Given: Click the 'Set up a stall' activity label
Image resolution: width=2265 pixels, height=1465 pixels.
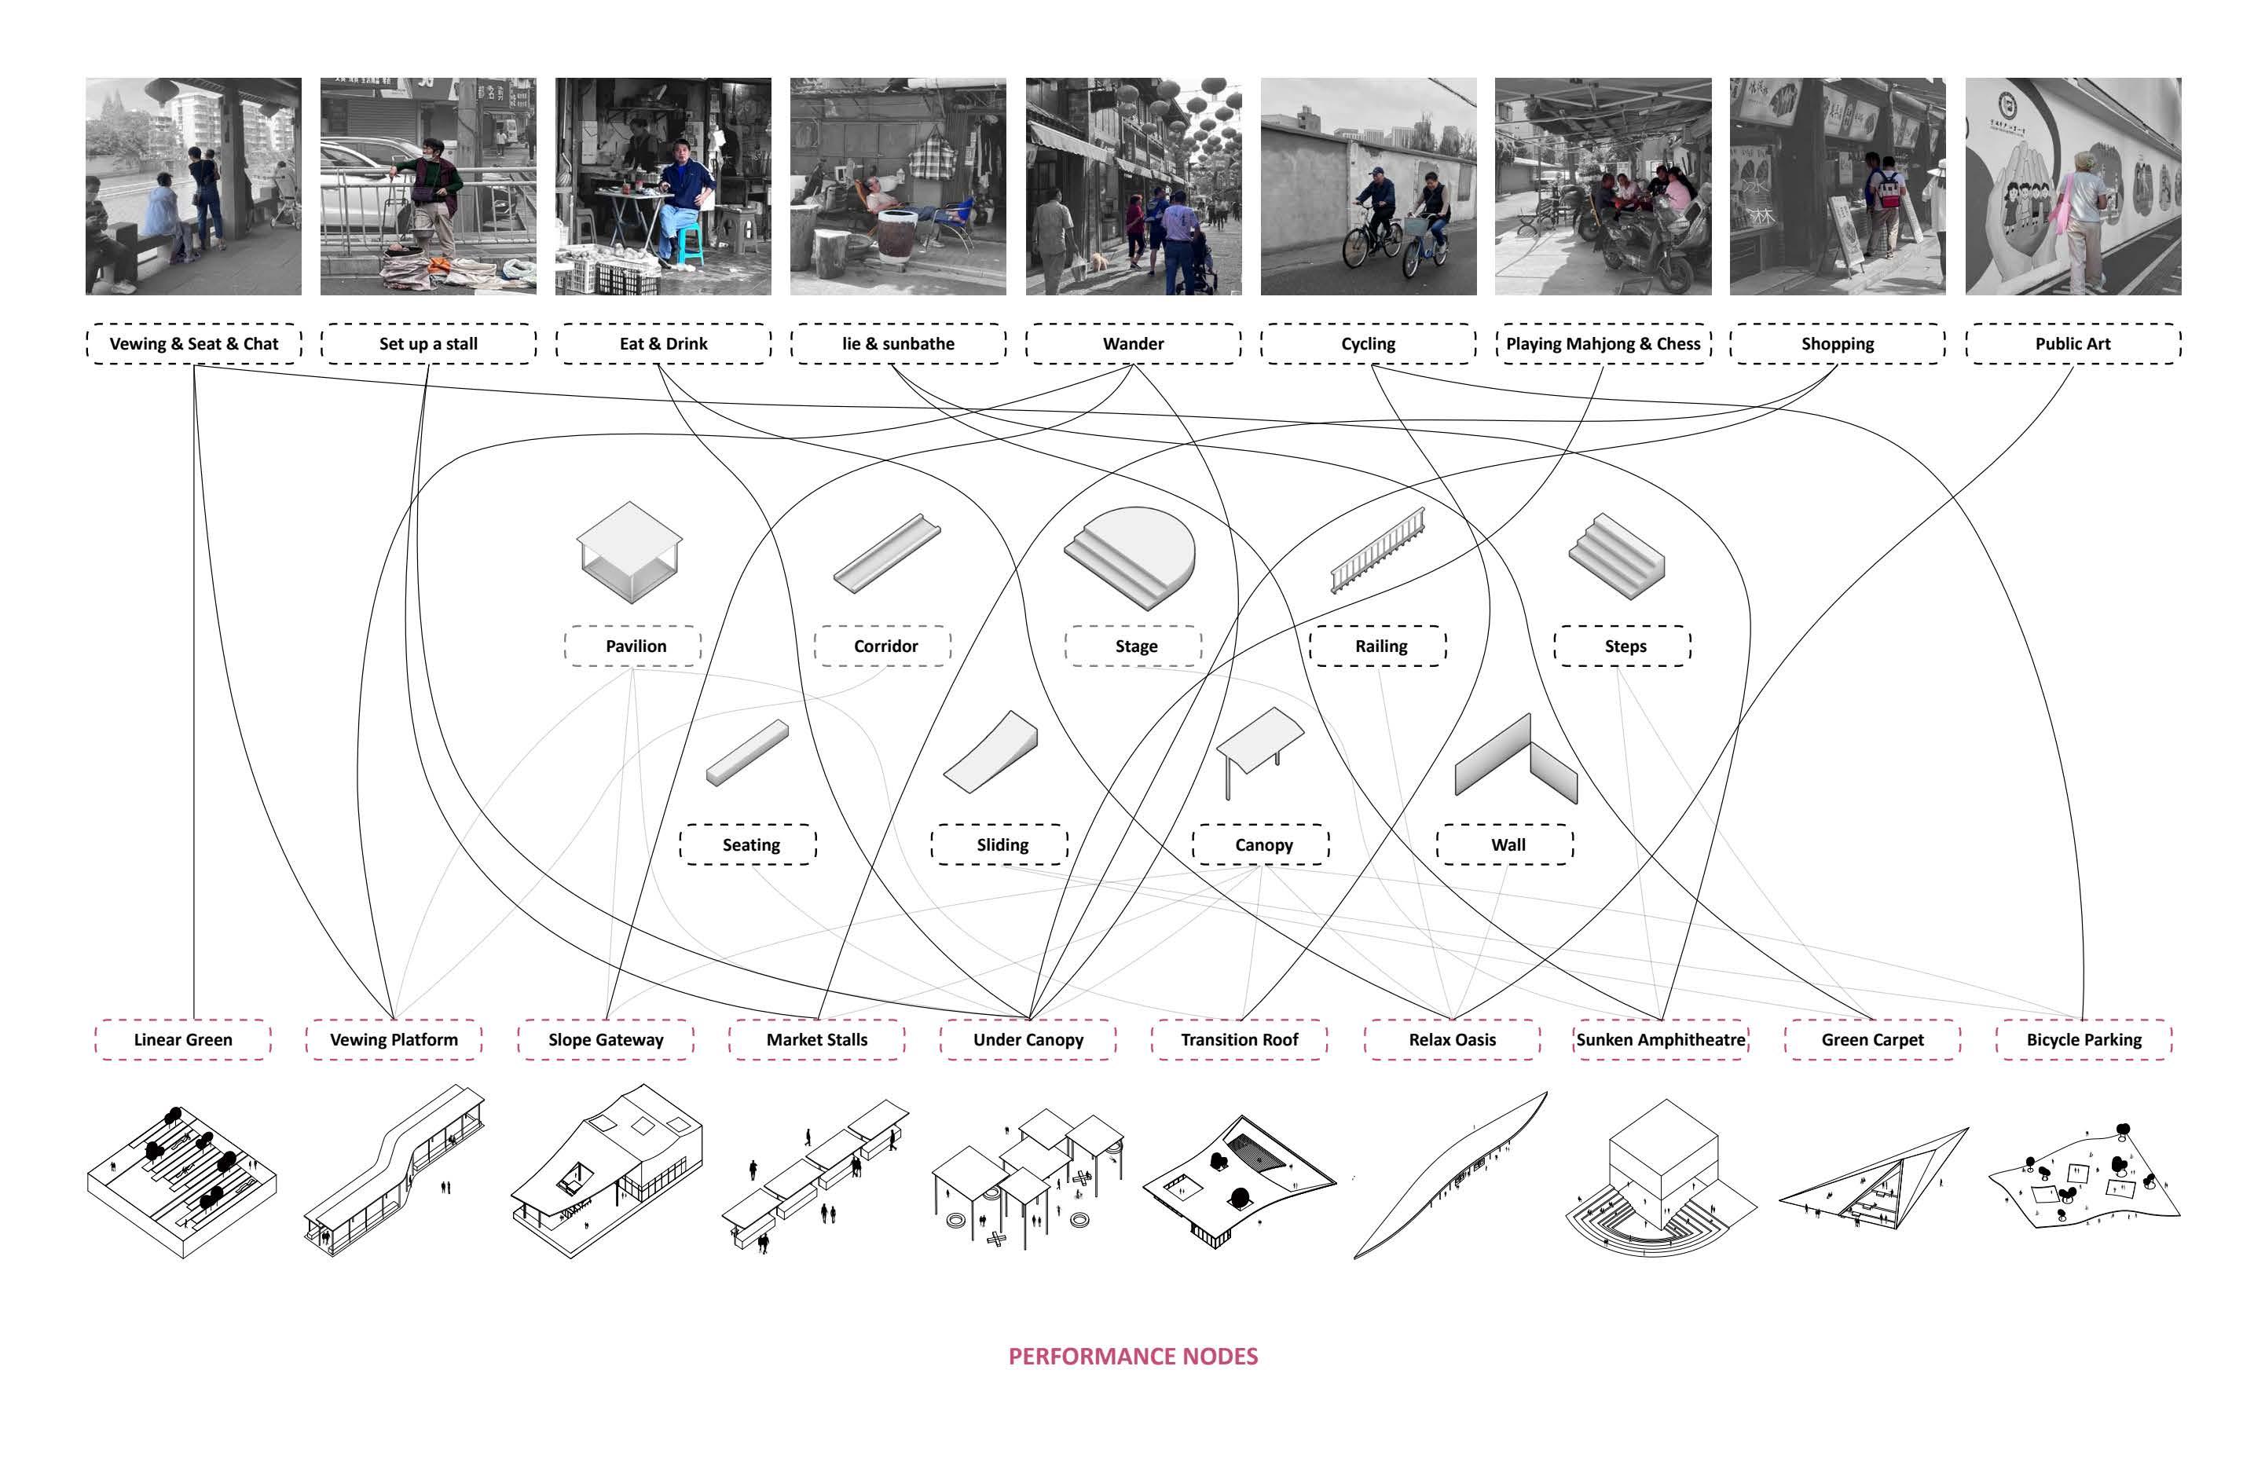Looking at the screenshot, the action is [428, 343].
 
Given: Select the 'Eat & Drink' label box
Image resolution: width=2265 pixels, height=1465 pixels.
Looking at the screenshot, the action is [663, 343].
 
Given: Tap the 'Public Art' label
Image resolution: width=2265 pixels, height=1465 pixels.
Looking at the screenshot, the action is [2072, 343].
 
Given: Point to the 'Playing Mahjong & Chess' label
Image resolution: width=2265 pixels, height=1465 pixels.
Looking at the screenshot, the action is [1602, 343].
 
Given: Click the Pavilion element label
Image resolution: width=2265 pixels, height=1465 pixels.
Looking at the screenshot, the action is [636, 646].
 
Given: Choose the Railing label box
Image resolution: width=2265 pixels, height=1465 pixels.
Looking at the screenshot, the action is [1380, 646].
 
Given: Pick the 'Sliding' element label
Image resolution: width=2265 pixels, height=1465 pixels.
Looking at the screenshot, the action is [1002, 844].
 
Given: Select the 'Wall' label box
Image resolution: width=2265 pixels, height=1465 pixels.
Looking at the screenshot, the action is [1508, 844].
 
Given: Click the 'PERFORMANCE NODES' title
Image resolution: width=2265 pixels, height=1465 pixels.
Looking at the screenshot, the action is [1132, 1357].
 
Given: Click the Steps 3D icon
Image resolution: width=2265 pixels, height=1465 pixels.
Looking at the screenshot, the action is [1615, 556].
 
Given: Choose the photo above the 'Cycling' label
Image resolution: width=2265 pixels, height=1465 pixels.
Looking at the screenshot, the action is [1368, 186].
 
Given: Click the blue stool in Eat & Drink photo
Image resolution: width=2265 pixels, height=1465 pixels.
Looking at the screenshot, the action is [691, 244].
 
